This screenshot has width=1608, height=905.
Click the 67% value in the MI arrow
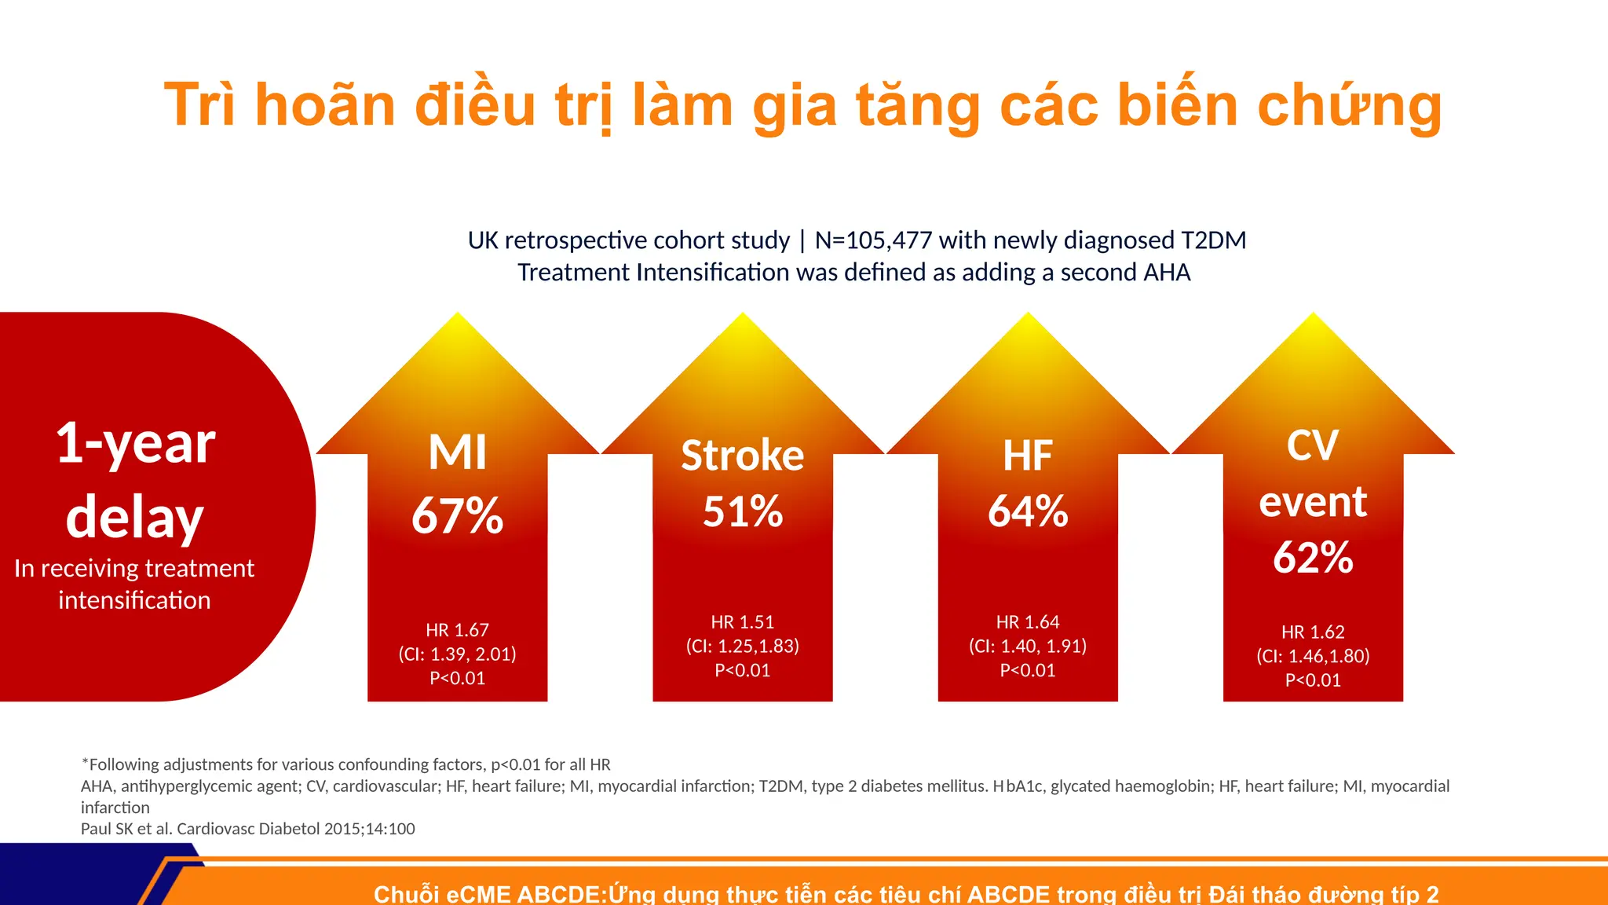click(x=457, y=516)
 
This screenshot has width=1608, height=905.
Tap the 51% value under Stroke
click(x=742, y=511)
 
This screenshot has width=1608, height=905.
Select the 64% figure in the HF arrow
click(x=1027, y=511)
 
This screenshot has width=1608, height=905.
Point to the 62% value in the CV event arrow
click(x=1313, y=558)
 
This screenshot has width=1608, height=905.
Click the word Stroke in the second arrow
click(x=742, y=456)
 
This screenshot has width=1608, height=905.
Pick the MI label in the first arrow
click(x=457, y=453)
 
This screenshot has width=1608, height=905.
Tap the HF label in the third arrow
click(x=1027, y=456)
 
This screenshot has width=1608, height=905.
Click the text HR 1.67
click(x=457, y=630)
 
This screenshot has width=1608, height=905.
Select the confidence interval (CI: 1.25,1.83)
click(x=742, y=646)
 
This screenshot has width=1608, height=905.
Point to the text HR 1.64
click(x=1027, y=622)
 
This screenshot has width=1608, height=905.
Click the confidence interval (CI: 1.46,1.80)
click(x=1313, y=656)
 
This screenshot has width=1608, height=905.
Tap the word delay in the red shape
click(x=135, y=518)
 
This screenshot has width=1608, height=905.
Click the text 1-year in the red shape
click(x=135, y=443)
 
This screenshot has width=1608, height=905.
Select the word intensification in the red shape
click(x=134, y=600)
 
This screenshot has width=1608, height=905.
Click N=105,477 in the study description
click(x=873, y=240)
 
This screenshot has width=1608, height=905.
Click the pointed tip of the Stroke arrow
click(x=742, y=317)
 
